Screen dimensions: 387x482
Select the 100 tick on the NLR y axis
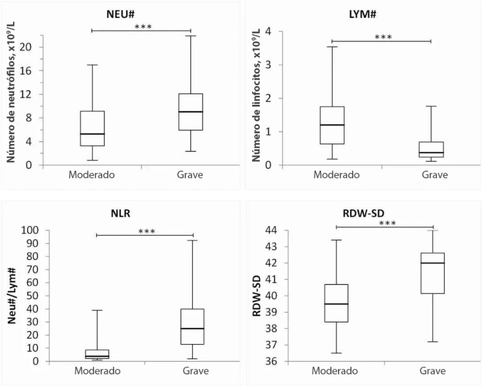tap(32, 230)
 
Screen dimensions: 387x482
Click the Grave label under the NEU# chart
tap(191, 175)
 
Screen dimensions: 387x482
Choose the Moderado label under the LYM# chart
tap(336, 175)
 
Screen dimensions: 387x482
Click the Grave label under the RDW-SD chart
tap(433, 371)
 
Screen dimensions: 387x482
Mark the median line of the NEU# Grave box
tap(191, 111)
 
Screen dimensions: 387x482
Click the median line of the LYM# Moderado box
tap(332, 124)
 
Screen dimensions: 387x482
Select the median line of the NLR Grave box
tap(193, 328)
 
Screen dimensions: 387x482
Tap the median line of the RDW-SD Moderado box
tap(337, 304)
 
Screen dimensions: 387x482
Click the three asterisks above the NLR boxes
tap(147, 232)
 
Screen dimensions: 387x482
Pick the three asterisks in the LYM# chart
tap(383, 38)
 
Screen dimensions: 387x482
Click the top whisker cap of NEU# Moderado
tap(92, 65)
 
